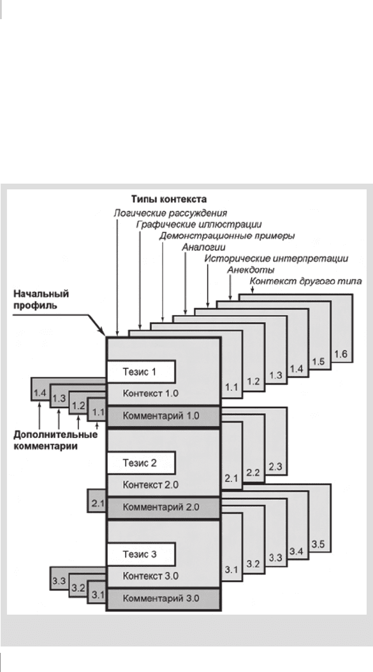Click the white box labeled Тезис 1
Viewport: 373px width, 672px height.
[x=141, y=372]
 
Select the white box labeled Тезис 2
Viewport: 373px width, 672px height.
[x=141, y=463]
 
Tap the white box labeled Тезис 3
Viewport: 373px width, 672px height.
[x=141, y=554]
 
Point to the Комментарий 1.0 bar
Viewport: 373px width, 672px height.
[x=163, y=416]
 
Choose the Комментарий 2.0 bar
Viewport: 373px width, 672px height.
[x=163, y=507]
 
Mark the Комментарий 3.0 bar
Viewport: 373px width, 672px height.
[x=163, y=599]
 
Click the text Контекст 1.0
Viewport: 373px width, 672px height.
[x=150, y=393]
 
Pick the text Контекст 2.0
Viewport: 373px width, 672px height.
[x=150, y=485]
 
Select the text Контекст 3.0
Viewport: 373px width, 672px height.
[x=150, y=576]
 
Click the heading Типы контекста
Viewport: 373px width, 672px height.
[x=169, y=200]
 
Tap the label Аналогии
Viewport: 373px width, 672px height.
[x=203, y=247]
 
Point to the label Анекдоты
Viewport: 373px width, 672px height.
[x=251, y=270]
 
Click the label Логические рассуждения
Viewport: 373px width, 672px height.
[x=170, y=213]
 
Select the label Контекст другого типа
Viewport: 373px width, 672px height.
[x=305, y=282]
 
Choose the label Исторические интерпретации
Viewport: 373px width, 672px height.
[x=276, y=259]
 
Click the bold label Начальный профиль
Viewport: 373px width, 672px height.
[x=41, y=300]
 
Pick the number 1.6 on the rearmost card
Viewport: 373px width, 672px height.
[x=341, y=354]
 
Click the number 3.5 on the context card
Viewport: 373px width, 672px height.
[x=318, y=545]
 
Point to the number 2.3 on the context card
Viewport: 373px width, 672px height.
[x=275, y=467]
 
